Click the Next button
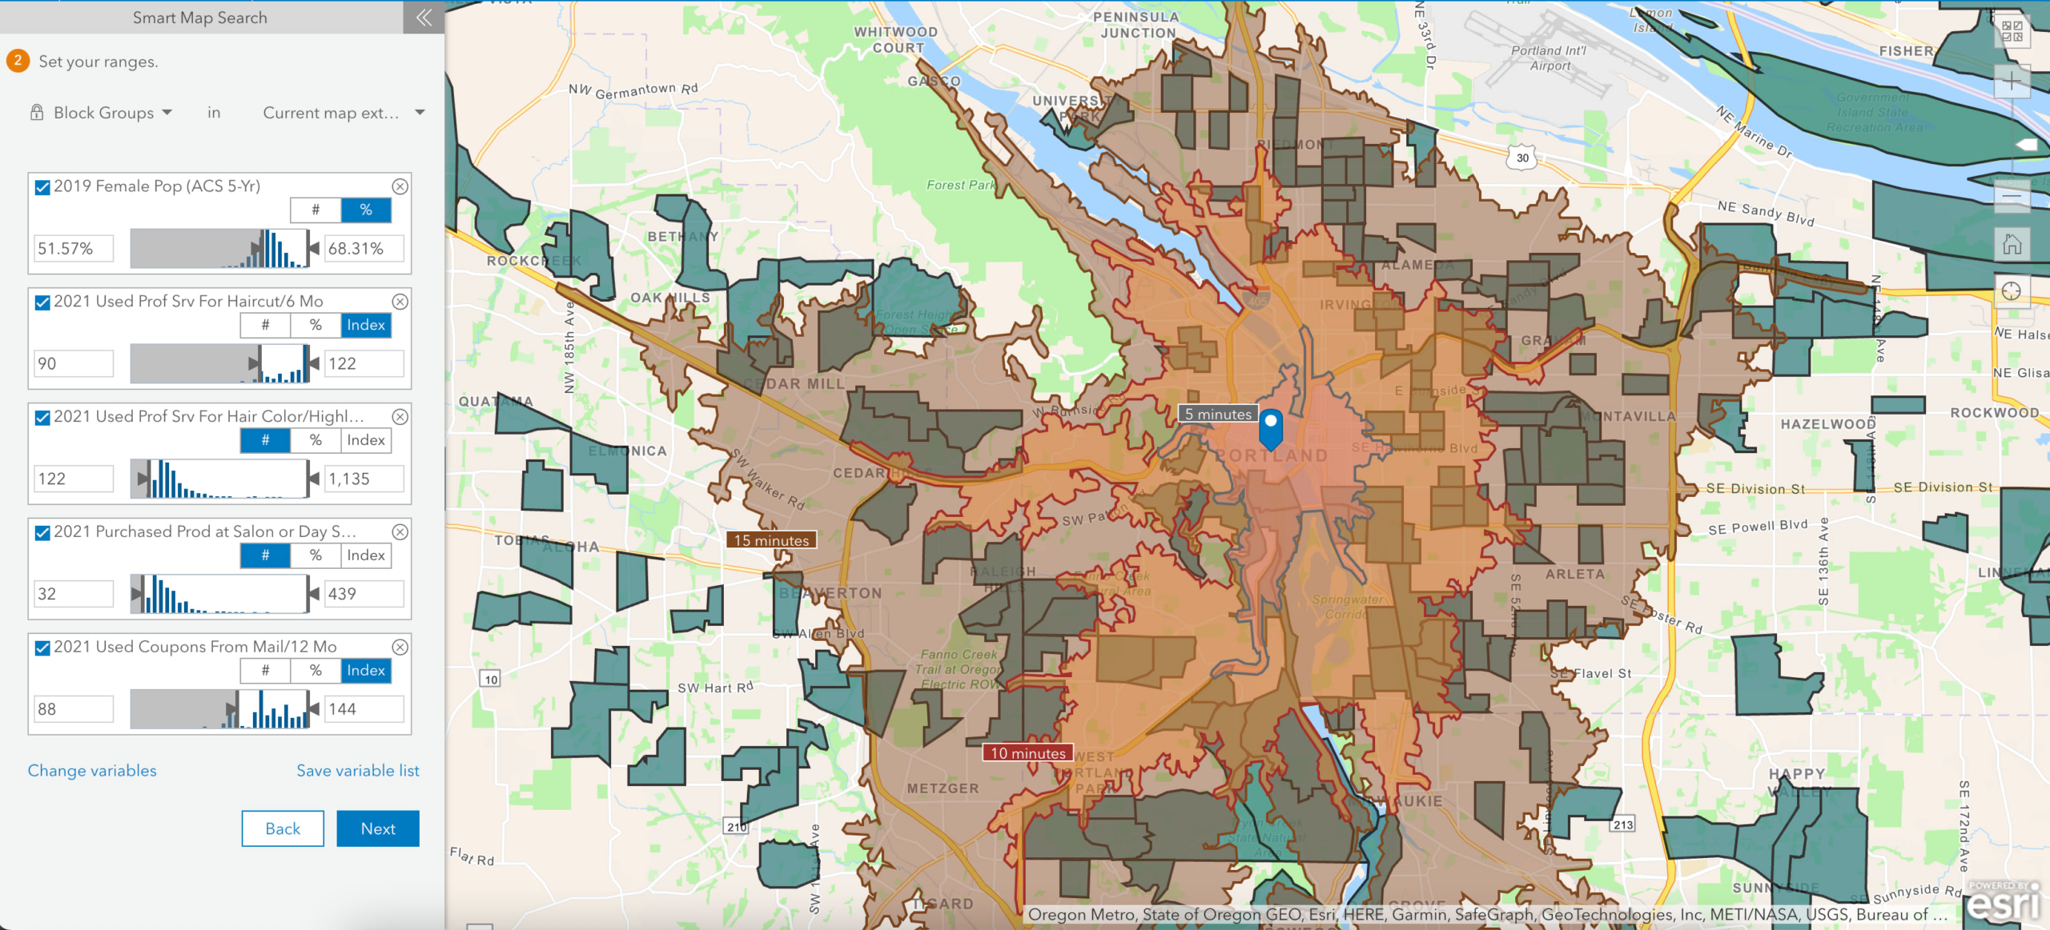point(378,828)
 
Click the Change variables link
point(92,770)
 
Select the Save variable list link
point(358,770)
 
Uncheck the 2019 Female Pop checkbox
point(43,187)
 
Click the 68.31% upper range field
point(364,248)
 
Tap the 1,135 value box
point(364,479)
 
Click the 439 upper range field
point(364,594)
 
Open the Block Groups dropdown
point(112,113)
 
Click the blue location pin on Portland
point(1271,427)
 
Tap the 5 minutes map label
point(1218,414)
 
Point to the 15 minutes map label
point(771,540)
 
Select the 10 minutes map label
point(1028,753)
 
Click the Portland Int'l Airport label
point(1549,58)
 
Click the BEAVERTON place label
point(831,593)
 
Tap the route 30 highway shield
point(1522,158)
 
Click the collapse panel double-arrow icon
point(424,18)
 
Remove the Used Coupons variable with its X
point(400,647)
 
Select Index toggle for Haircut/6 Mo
point(366,325)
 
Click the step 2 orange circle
point(18,61)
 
